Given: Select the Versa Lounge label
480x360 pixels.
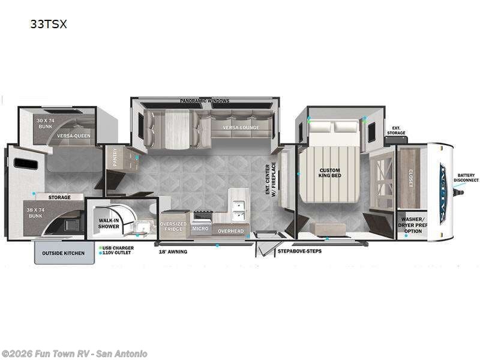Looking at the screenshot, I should coord(240,128).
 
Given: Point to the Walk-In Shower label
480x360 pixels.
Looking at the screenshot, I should coord(109,223).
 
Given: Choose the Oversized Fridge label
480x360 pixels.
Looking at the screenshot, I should coord(173,226).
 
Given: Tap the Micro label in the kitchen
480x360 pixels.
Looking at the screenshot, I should coord(200,229).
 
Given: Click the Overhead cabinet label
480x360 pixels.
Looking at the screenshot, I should coord(230,230).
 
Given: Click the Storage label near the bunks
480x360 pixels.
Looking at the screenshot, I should coord(59,197).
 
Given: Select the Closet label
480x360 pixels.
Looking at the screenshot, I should coord(412,177).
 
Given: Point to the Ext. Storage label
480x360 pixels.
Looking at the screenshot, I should coord(398,130).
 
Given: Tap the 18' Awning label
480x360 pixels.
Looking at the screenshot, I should coord(173,251).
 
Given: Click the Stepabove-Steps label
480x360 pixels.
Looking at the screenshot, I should coord(299,251).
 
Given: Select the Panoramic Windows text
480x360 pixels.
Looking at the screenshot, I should coord(205,101).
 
